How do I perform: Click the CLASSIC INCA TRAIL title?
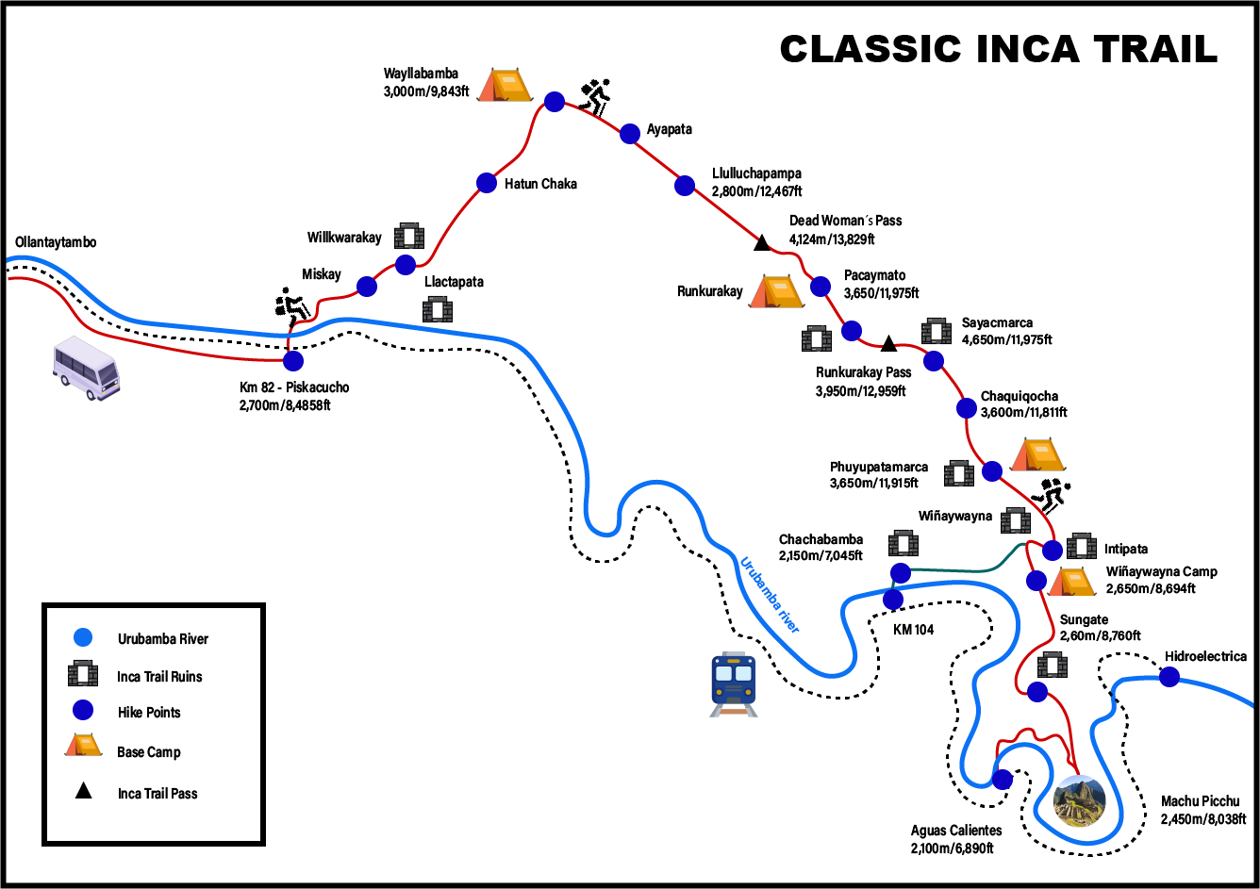(x=998, y=49)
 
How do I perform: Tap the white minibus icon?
(x=86, y=368)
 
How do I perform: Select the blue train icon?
(x=733, y=683)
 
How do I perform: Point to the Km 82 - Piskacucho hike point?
(x=293, y=360)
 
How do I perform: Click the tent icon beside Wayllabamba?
(x=505, y=85)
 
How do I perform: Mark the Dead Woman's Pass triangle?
(x=762, y=244)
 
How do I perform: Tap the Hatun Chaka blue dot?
(x=487, y=183)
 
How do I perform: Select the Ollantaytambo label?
(x=56, y=242)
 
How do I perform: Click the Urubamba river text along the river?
(x=770, y=595)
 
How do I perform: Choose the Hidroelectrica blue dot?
(x=1169, y=676)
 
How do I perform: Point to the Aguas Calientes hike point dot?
(x=1002, y=779)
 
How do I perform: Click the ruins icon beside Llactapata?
(x=438, y=309)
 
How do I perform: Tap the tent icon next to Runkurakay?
(x=776, y=291)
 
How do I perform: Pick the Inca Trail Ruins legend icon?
(x=83, y=675)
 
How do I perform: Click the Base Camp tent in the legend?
(x=83, y=745)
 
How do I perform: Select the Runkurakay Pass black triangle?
(x=888, y=343)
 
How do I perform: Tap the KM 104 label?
(x=913, y=629)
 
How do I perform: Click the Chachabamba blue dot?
(x=901, y=572)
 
